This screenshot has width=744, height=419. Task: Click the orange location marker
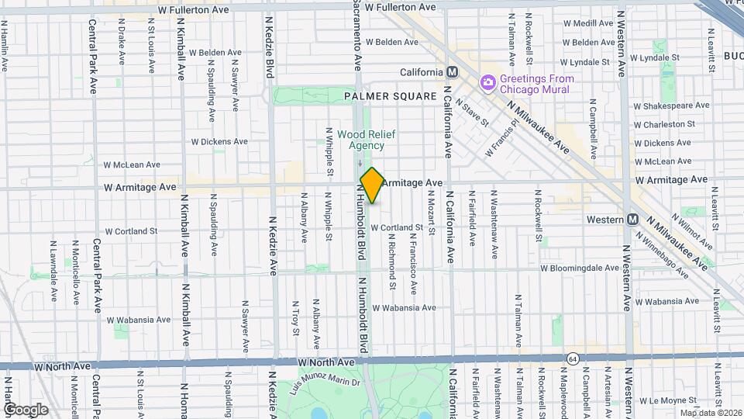(x=372, y=185)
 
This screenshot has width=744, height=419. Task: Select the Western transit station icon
(x=632, y=220)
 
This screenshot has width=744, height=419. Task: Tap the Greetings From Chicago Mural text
(x=537, y=84)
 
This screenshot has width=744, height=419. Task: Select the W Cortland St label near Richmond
(x=398, y=227)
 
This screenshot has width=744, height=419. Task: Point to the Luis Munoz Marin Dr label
(x=325, y=382)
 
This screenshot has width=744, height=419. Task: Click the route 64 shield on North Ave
(x=571, y=358)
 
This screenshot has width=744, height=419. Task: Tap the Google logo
(x=26, y=409)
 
